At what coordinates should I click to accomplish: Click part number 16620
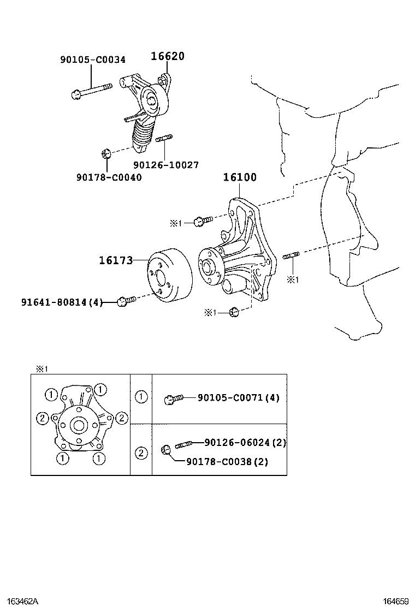pyautogui.click(x=168, y=56)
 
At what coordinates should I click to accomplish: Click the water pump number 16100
pyautogui.click(x=239, y=177)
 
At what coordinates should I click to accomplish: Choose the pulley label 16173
pyautogui.click(x=116, y=260)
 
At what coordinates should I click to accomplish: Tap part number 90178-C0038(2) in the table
pyautogui.click(x=227, y=462)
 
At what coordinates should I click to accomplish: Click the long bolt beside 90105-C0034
pyautogui.click(x=91, y=91)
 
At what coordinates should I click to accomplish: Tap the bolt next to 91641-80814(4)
pyautogui.click(x=126, y=300)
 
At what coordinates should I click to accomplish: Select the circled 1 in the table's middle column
pyautogui.click(x=141, y=397)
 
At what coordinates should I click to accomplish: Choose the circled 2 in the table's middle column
pyautogui.click(x=141, y=453)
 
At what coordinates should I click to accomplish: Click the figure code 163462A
pyautogui.click(x=19, y=601)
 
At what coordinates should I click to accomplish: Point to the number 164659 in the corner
pyautogui.click(x=395, y=601)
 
